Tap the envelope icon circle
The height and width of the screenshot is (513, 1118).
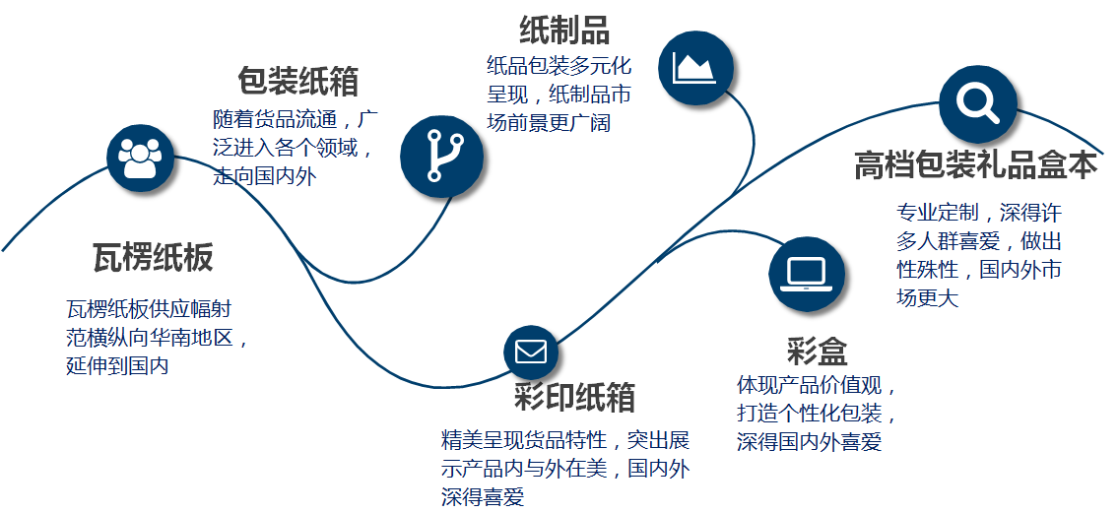[x=531, y=352]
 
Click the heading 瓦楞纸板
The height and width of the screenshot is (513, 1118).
[x=153, y=258]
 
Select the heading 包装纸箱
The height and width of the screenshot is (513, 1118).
[x=297, y=81]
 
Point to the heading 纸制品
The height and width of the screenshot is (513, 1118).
[x=563, y=31]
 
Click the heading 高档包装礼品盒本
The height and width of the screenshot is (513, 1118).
[x=975, y=166]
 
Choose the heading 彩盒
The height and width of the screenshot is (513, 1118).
[x=817, y=352]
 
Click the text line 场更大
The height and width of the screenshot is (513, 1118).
[x=927, y=297]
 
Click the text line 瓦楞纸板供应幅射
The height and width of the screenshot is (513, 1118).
[x=149, y=309]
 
